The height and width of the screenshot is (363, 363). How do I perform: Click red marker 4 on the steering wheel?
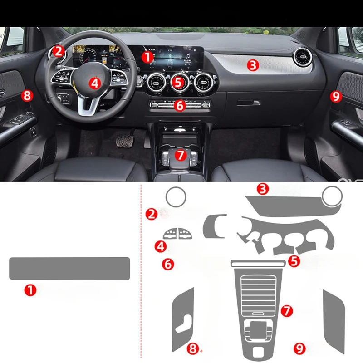94,83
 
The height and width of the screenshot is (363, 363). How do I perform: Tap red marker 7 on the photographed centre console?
180,155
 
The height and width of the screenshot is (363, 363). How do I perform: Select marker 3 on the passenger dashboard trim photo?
253,65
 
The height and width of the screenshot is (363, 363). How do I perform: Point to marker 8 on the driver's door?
27,96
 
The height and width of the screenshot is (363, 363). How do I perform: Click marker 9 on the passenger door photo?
335,96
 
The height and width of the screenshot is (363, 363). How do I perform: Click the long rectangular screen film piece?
69,268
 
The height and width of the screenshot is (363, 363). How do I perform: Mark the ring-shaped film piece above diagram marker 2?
175,197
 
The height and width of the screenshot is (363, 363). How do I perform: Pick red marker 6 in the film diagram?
168,264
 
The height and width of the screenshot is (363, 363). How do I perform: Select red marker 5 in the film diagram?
294,261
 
